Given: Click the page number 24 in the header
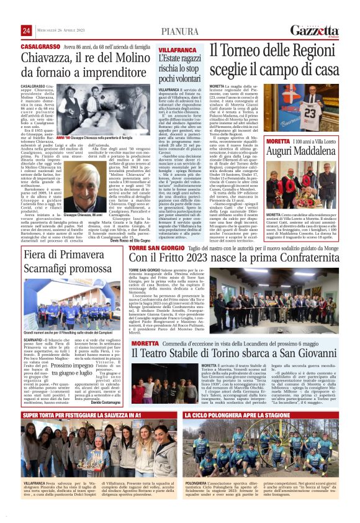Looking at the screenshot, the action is click(x=26, y=31).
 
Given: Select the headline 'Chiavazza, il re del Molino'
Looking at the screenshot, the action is click(x=78, y=58).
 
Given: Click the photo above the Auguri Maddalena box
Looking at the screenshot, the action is click(x=311, y=109).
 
